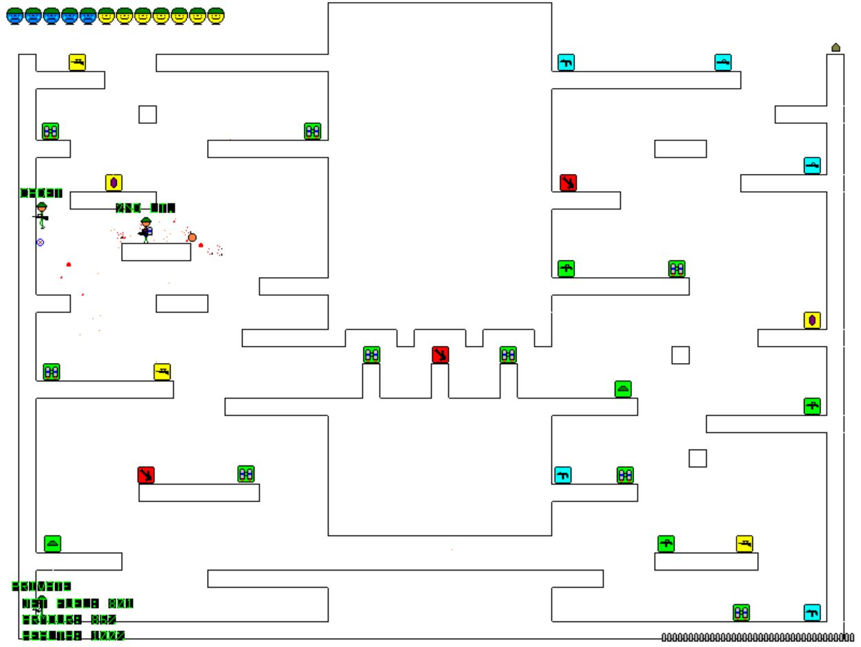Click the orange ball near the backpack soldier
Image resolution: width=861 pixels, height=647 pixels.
[192, 237]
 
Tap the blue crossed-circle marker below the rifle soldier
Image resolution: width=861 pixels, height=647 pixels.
[40, 242]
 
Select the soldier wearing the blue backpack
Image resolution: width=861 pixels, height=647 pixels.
[146, 229]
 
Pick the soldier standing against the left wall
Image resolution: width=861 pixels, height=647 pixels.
[42, 215]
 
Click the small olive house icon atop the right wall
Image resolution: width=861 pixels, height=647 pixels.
[836, 47]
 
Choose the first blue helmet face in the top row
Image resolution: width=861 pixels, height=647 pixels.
[14, 16]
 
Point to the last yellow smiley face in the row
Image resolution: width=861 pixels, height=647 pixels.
[216, 16]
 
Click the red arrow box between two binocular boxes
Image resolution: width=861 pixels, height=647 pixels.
[440, 355]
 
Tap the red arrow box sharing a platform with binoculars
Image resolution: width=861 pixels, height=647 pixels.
[146, 475]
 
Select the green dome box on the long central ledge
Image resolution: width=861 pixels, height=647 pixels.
[623, 389]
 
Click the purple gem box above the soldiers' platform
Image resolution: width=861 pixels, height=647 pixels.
[113, 183]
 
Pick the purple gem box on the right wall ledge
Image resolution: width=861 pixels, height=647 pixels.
[812, 320]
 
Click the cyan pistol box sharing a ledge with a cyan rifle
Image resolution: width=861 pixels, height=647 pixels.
[565, 63]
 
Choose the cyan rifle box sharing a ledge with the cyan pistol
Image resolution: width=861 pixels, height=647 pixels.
[723, 63]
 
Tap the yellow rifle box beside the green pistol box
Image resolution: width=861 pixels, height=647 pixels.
[744, 544]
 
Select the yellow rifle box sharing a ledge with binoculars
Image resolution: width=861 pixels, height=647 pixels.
[162, 372]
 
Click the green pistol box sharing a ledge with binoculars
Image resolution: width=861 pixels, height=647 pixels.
[566, 269]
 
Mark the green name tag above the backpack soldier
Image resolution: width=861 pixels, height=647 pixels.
[145, 208]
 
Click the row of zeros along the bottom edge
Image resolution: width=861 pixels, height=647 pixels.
[757, 637]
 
